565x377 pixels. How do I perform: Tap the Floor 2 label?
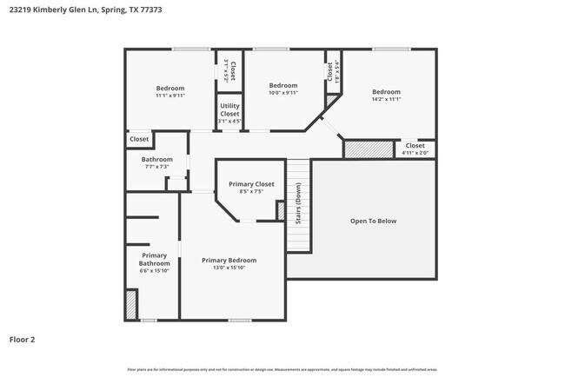tap(23, 340)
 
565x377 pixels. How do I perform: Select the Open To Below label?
tap(373, 221)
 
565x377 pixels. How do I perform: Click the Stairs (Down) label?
tap(298, 204)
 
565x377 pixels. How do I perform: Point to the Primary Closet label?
tap(251, 184)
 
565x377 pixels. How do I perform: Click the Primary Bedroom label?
tap(229, 260)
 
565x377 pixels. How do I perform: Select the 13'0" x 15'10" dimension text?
tap(229, 269)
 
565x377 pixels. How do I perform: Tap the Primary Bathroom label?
tap(154, 259)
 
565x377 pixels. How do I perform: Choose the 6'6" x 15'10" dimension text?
tap(154, 270)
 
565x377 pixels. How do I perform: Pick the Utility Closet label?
tap(229, 109)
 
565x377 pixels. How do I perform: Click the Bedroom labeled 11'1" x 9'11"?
tap(170, 88)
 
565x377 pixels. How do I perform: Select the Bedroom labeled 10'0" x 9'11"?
tap(283, 85)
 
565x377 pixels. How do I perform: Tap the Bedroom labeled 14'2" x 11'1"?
tap(386, 92)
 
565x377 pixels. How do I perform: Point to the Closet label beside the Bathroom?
tap(139, 139)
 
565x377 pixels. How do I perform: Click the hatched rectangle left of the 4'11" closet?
tap(357, 149)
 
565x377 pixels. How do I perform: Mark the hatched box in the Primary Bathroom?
tap(131, 305)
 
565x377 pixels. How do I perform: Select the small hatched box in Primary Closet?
tap(281, 210)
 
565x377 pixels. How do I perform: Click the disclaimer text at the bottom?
tap(282, 369)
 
